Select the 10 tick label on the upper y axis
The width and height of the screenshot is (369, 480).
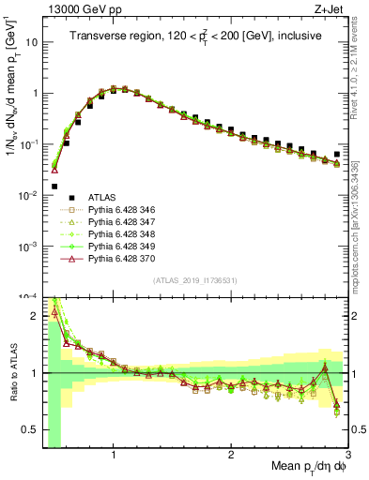click(x=28, y=43)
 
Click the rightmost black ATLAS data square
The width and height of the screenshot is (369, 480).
click(x=337, y=154)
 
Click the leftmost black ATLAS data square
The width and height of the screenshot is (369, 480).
click(x=54, y=186)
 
